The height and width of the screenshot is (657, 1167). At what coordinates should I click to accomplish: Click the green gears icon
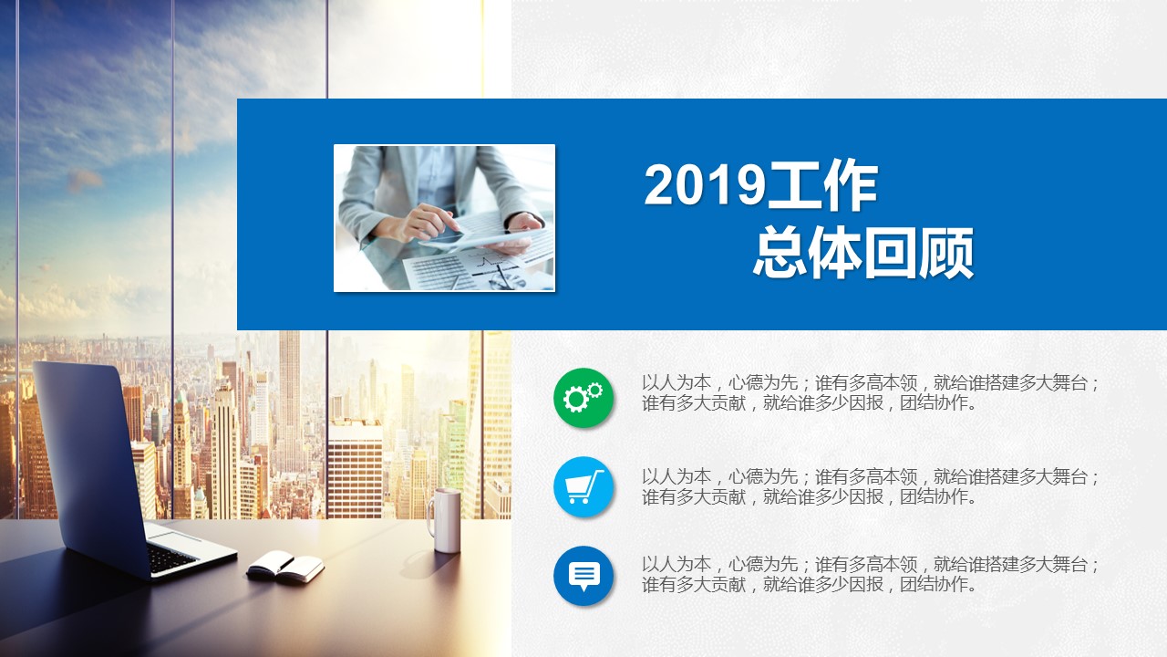tap(583, 398)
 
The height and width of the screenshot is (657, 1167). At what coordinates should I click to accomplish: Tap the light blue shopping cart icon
tap(583, 486)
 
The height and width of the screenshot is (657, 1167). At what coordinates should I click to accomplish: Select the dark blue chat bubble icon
tap(583, 576)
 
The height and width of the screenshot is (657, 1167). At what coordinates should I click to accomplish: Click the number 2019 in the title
tap(705, 185)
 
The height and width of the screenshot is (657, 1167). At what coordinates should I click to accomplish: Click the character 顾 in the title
tap(946, 253)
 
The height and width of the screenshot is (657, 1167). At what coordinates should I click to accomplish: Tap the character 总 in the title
tap(780, 253)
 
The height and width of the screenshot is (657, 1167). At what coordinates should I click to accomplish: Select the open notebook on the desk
tap(285, 567)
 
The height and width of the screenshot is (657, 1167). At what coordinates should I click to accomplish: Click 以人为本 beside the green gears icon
tap(676, 383)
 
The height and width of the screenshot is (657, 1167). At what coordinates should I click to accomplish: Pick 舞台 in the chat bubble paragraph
tap(1070, 564)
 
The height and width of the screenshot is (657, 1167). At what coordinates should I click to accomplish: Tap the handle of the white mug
tap(430, 517)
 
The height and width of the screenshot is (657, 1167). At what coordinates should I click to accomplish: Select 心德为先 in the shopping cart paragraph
tap(763, 476)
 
